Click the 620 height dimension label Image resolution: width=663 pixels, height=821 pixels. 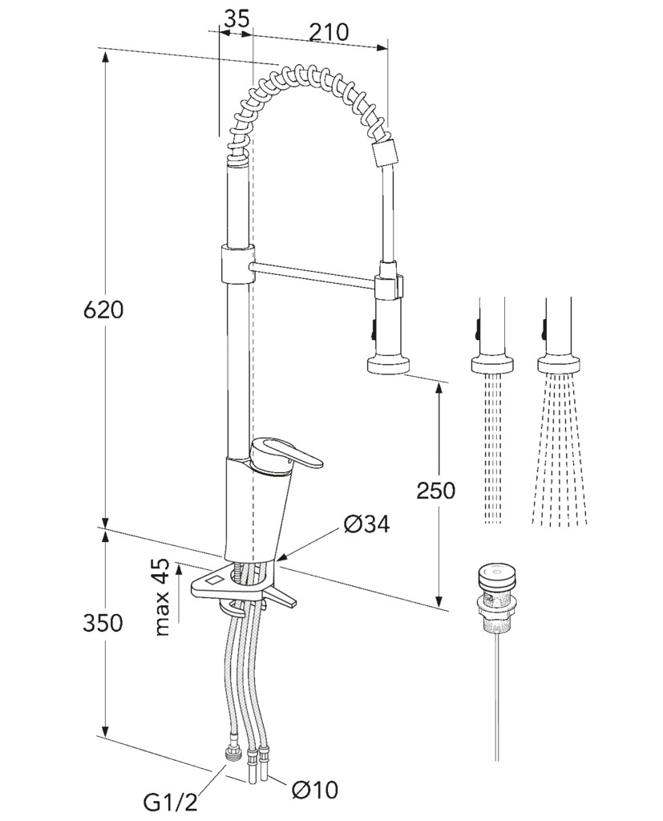[103, 310]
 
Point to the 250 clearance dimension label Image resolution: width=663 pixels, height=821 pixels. [435, 491]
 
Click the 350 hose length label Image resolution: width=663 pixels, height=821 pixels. [103, 623]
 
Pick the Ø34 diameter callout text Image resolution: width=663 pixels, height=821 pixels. [366, 524]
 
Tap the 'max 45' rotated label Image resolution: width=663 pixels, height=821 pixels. [163, 597]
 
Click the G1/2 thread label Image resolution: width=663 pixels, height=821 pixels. [171, 802]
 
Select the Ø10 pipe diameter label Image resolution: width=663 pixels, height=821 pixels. [315, 790]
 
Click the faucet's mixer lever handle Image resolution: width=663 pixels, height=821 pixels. [285, 454]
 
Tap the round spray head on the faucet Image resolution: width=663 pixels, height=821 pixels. [388, 365]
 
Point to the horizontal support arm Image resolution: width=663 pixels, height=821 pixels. [313, 276]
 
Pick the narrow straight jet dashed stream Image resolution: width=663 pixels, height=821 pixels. [493, 448]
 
